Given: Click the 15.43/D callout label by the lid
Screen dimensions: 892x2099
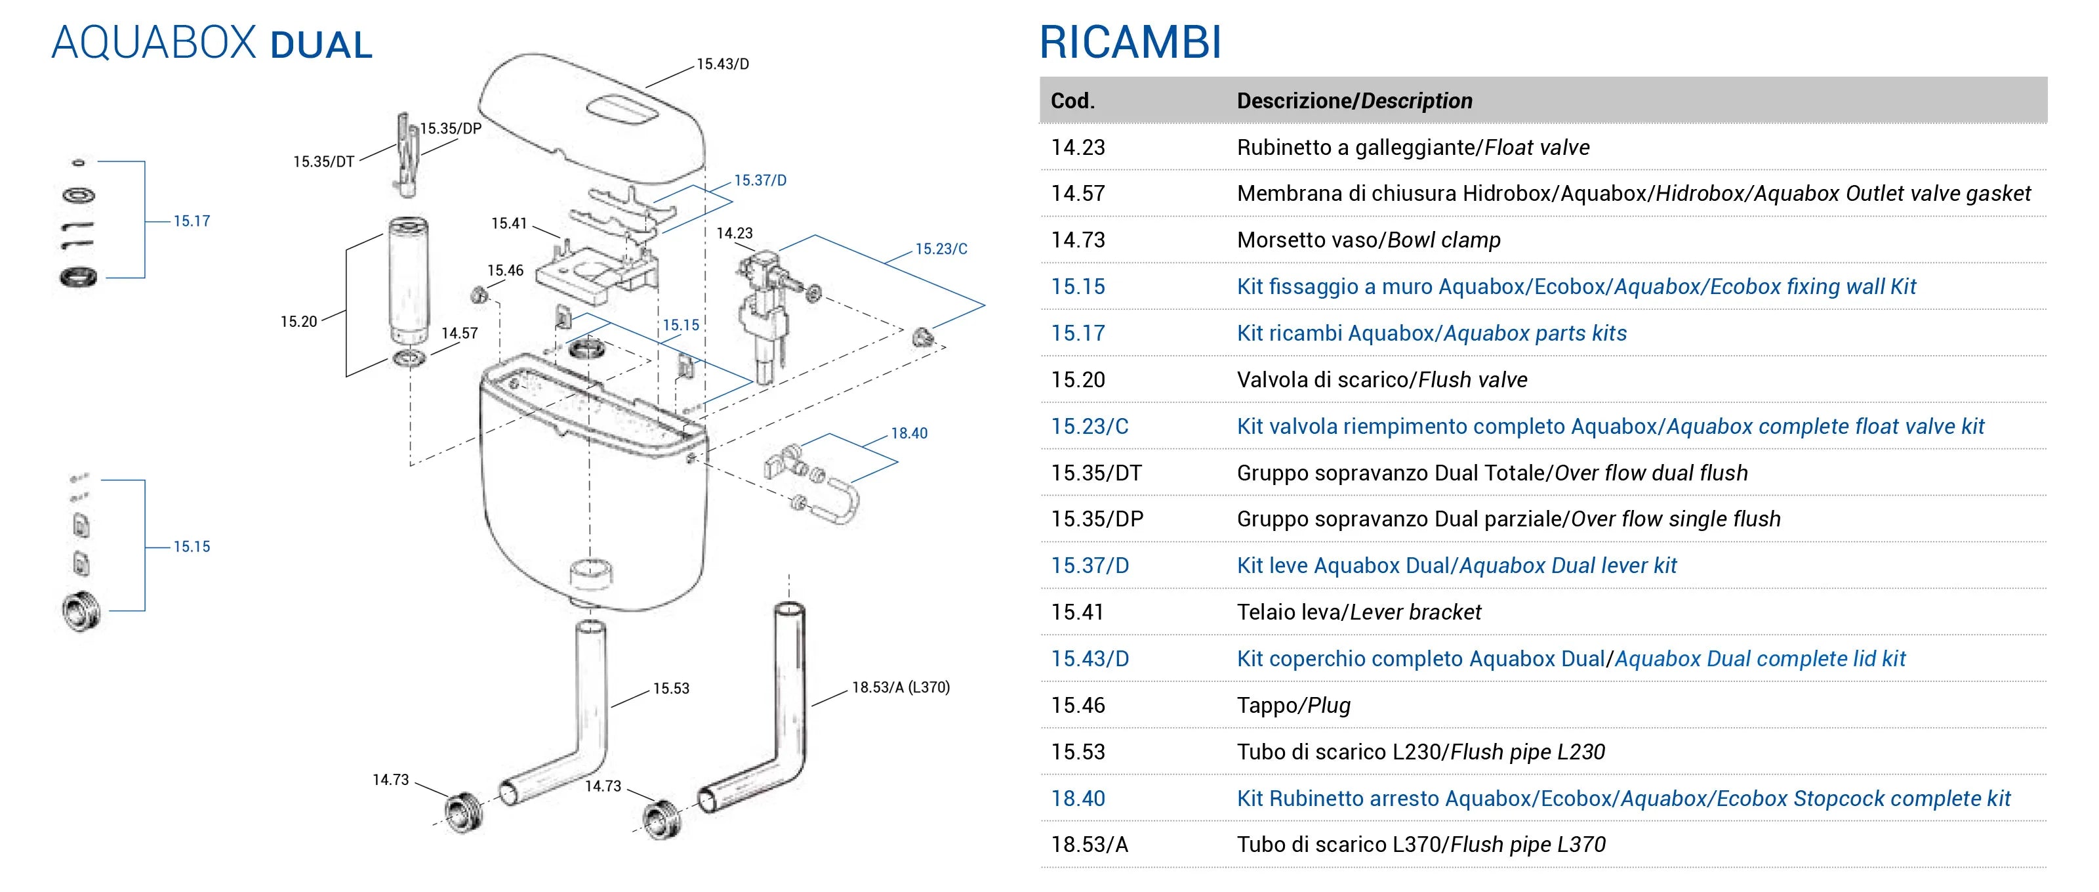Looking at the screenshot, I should [723, 64].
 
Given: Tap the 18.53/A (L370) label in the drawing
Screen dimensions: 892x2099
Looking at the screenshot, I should [901, 687].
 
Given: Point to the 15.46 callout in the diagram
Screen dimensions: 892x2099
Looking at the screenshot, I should [505, 270].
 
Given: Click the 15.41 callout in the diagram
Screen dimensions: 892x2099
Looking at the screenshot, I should [508, 223].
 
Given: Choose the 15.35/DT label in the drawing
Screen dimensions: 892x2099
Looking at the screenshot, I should [323, 161].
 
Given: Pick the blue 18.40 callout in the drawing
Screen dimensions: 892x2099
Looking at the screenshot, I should [908, 434].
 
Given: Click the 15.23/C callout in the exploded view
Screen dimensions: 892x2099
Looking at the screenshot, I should [941, 249].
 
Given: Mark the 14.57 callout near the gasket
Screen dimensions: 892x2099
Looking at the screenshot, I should [460, 333].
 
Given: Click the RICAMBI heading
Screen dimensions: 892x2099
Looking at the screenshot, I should [1130, 43].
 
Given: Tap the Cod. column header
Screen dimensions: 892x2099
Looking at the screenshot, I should [1072, 101].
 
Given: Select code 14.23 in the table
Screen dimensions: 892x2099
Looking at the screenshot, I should [1078, 148].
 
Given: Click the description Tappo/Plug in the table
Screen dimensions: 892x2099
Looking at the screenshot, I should [1293, 706].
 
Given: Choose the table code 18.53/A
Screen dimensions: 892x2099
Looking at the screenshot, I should [1090, 845].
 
